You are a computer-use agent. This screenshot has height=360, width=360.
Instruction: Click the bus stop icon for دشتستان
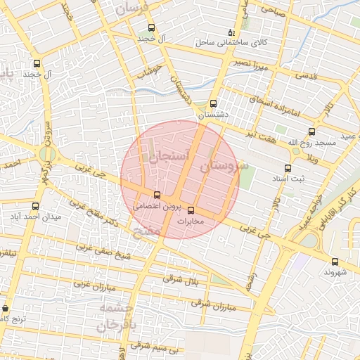point(214,103)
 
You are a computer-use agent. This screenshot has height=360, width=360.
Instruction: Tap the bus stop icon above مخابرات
point(191,210)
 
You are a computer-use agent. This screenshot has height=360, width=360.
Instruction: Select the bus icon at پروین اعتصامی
point(157,195)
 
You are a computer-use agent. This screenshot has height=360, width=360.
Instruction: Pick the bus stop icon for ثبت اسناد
point(288,168)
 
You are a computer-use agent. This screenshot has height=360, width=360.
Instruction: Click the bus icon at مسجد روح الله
point(312,131)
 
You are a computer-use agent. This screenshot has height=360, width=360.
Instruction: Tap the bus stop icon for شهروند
point(335,262)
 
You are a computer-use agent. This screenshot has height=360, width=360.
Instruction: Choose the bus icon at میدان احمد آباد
point(36,206)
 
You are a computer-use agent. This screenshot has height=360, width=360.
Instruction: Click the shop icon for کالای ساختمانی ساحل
point(231,32)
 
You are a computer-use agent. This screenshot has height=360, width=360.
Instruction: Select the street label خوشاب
point(149,70)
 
